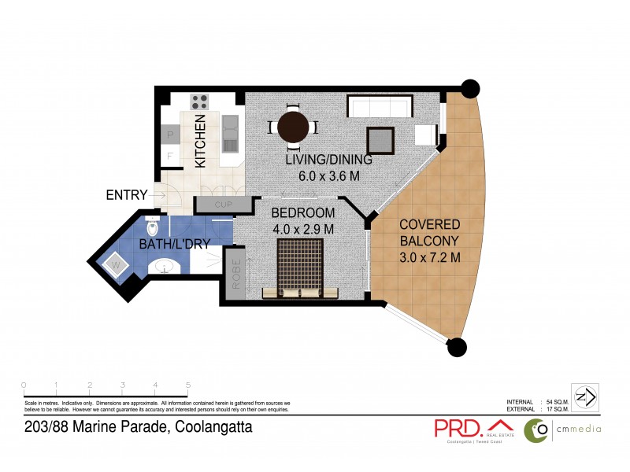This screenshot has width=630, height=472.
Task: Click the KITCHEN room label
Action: tap(201, 141)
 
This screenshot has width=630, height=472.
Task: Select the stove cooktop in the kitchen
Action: tap(200, 102)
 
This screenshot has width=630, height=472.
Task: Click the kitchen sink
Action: tap(230, 134)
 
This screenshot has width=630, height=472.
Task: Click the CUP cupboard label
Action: tap(223, 205)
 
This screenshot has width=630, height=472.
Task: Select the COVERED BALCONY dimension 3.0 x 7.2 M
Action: tap(430, 257)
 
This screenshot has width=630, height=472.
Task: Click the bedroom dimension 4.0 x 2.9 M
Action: tap(303, 229)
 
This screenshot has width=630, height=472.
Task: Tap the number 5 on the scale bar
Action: tap(187, 385)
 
